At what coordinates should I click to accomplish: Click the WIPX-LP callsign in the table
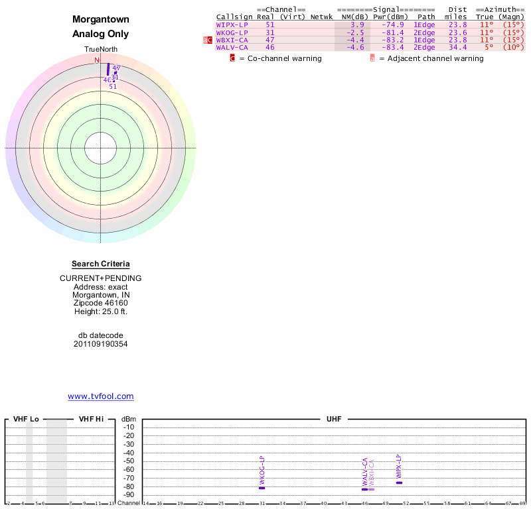tap(232, 25)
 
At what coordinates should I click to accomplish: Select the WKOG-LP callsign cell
tap(232, 32)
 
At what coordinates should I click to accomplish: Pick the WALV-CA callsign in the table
tap(232, 47)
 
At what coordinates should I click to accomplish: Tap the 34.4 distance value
tap(457, 47)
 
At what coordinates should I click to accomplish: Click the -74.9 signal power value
tap(392, 25)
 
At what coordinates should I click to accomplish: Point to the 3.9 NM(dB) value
tap(357, 25)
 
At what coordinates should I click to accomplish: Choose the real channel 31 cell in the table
tap(269, 32)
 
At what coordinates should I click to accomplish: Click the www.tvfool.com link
tap(101, 396)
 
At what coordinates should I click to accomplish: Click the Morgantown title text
tap(101, 20)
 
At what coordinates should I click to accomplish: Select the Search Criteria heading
tap(101, 264)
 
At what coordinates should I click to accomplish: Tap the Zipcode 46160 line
tap(101, 302)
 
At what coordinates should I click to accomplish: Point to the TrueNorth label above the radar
tap(100, 50)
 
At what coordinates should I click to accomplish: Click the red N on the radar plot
tap(97, 60)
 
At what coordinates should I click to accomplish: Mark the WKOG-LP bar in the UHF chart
tap(262, 488)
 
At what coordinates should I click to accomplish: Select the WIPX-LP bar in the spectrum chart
tap(399, 482)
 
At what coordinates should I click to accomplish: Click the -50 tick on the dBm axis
tap(129, 461)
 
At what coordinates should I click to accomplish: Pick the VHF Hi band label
tap(91, 419)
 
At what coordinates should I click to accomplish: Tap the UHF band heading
tap(333, 419)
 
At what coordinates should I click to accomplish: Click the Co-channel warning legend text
tap(280, 58)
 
